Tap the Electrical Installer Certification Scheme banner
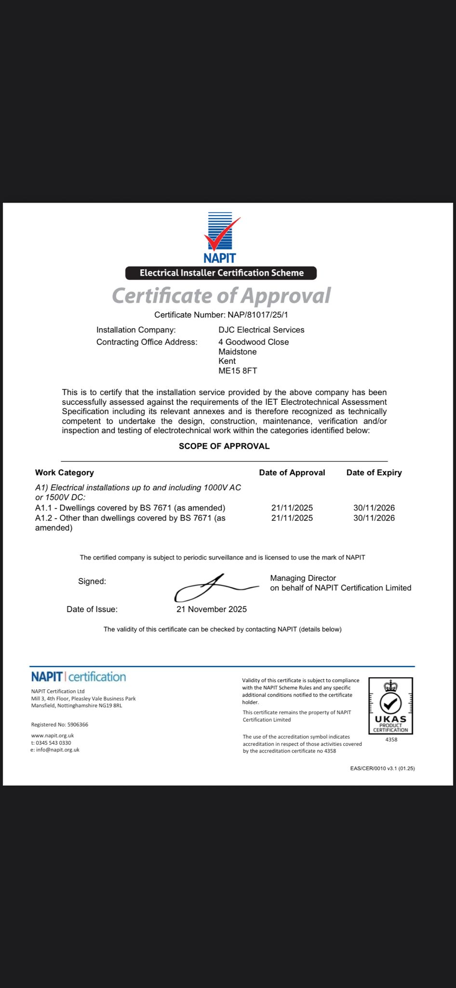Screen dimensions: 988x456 221,273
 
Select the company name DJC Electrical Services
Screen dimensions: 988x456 261,330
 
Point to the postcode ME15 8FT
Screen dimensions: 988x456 238,371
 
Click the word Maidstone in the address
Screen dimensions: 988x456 237,352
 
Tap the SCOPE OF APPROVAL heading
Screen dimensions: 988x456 224,446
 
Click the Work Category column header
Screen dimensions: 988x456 65,473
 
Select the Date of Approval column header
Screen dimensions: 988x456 292,473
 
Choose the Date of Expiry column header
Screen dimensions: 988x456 374,473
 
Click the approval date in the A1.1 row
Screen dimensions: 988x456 292,508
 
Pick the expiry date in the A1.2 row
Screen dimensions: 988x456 374,518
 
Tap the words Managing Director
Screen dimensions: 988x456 303,578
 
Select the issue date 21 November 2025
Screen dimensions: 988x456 212,609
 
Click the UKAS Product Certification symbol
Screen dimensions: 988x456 391,706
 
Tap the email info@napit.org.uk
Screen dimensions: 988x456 57,750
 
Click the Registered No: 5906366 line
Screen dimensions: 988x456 60,725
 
